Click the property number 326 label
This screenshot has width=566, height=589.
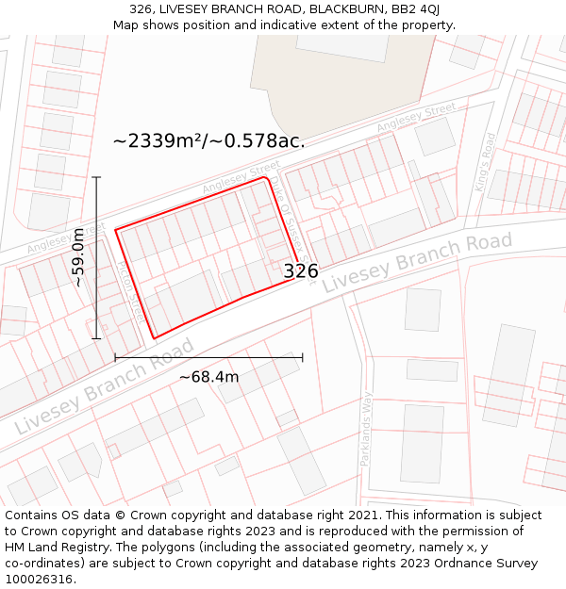point(301,271)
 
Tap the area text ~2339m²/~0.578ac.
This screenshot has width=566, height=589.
point(208,141)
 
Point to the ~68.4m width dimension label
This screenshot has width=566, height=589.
point(208,377)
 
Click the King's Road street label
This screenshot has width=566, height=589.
point(486,162)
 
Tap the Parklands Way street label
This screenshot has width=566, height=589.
point(366,429)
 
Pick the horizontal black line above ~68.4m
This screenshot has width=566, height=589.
point(208,358)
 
